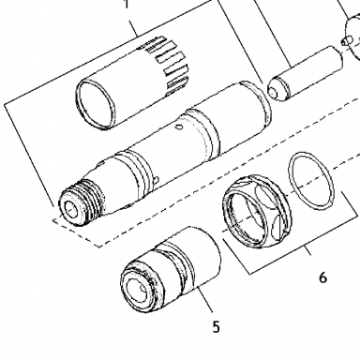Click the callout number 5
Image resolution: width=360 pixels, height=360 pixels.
point(217,327)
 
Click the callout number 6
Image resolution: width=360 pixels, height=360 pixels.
point(322,277)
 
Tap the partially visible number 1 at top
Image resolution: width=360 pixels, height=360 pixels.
point(127,4)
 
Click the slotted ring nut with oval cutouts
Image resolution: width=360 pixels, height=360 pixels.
point(257,212)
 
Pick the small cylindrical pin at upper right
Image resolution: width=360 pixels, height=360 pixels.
point(305,74)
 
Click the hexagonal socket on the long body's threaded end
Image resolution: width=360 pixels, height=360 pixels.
point(74,208)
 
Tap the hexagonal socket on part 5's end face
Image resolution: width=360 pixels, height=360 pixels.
point(140,290)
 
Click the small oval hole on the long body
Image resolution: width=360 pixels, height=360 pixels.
point(179,127)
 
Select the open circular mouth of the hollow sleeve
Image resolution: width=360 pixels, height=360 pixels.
point(95,104)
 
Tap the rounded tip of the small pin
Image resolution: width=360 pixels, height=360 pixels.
point(273,91)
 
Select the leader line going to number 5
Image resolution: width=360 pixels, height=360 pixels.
point(205,298)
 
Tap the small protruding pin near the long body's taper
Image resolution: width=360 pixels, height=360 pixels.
point(157,180)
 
